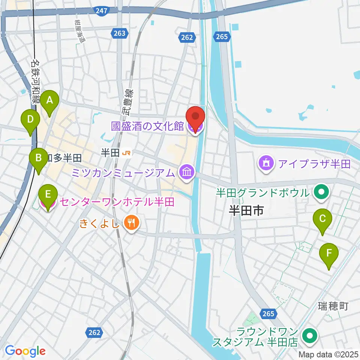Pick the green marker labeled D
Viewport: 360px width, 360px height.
click(31, 120)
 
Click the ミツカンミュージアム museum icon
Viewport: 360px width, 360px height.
click(186, 172)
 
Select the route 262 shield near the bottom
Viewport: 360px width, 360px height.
click(94, 332)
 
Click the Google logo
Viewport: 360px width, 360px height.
click(25, 351)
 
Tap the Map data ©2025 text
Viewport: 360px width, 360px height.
click(328, 354)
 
